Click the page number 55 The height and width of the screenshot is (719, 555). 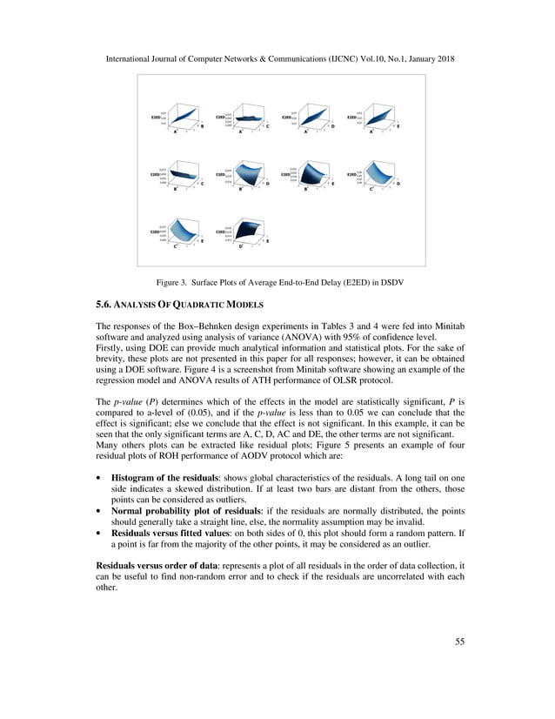tap(459, 642)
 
